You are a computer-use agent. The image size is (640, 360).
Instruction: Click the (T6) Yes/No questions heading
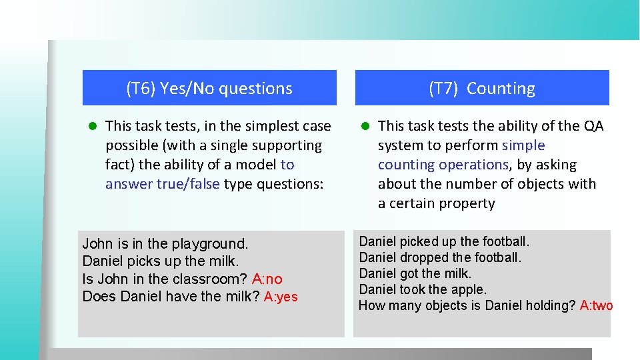pos(209,88)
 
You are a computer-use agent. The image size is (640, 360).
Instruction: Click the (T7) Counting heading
pos(481,88)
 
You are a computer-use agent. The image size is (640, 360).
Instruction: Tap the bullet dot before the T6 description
pos(94,126)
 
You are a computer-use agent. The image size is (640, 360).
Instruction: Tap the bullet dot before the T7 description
pos(365,126)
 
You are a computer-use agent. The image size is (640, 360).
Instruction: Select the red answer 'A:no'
pos(267,279)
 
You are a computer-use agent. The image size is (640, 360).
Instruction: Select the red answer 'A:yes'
pos(281,297)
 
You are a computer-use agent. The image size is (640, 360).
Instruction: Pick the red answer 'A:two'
pos(596,306)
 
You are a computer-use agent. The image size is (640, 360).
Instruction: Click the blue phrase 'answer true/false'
pos(162,184)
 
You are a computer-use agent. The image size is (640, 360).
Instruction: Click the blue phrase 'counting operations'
pos(443,165)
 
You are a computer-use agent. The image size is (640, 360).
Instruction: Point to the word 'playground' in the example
pos(209,244)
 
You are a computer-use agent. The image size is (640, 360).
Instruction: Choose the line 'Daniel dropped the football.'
pos(440,257)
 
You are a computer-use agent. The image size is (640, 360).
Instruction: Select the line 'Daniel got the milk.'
pos(415,273)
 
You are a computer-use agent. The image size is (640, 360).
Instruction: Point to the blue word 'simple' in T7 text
pos(523,145)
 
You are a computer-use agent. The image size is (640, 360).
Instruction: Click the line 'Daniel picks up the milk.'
pos(160,261)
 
